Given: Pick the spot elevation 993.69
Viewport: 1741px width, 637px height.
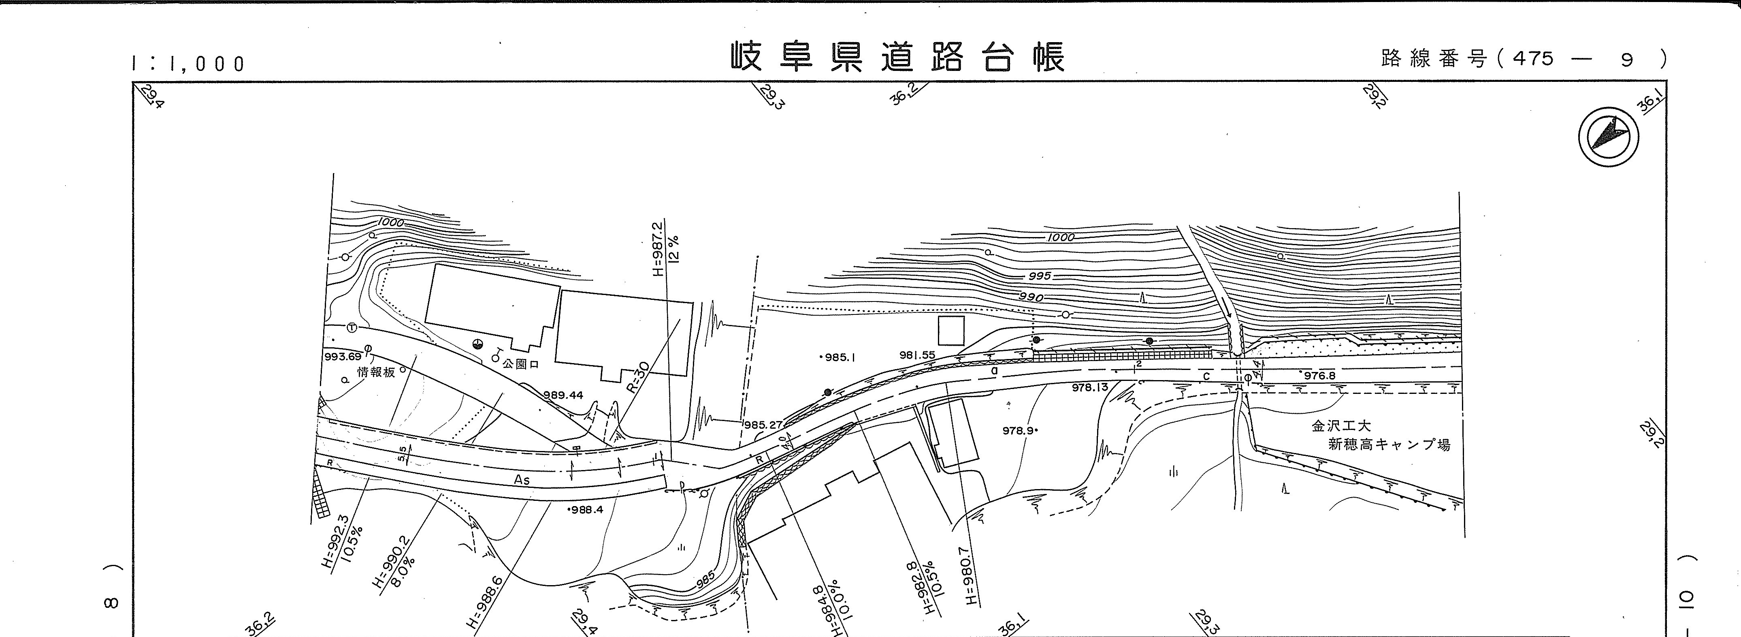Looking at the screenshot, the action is click(x=343, y=356).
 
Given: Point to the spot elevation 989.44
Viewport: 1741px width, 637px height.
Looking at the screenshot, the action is click(x=563, y=395).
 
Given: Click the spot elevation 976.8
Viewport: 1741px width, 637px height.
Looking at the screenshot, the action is click(x=1319, y=375).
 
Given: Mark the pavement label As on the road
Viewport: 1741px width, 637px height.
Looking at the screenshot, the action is click(x=522, y=480).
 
